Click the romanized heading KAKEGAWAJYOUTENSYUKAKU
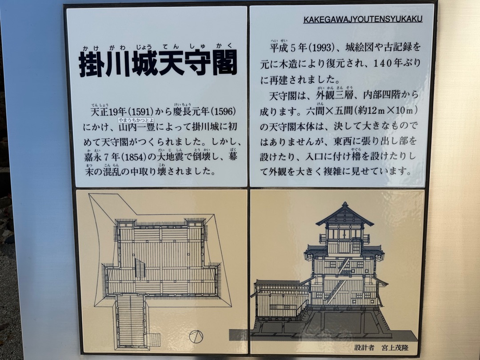363,19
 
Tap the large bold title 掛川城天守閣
158,63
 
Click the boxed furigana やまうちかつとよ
136,120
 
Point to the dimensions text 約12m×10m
385,110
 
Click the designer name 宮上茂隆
395,348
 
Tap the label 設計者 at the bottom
364,348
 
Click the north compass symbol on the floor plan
196,337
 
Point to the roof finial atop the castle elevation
345,204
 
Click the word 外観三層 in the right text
334,95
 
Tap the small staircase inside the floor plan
140,268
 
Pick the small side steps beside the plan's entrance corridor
154,340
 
